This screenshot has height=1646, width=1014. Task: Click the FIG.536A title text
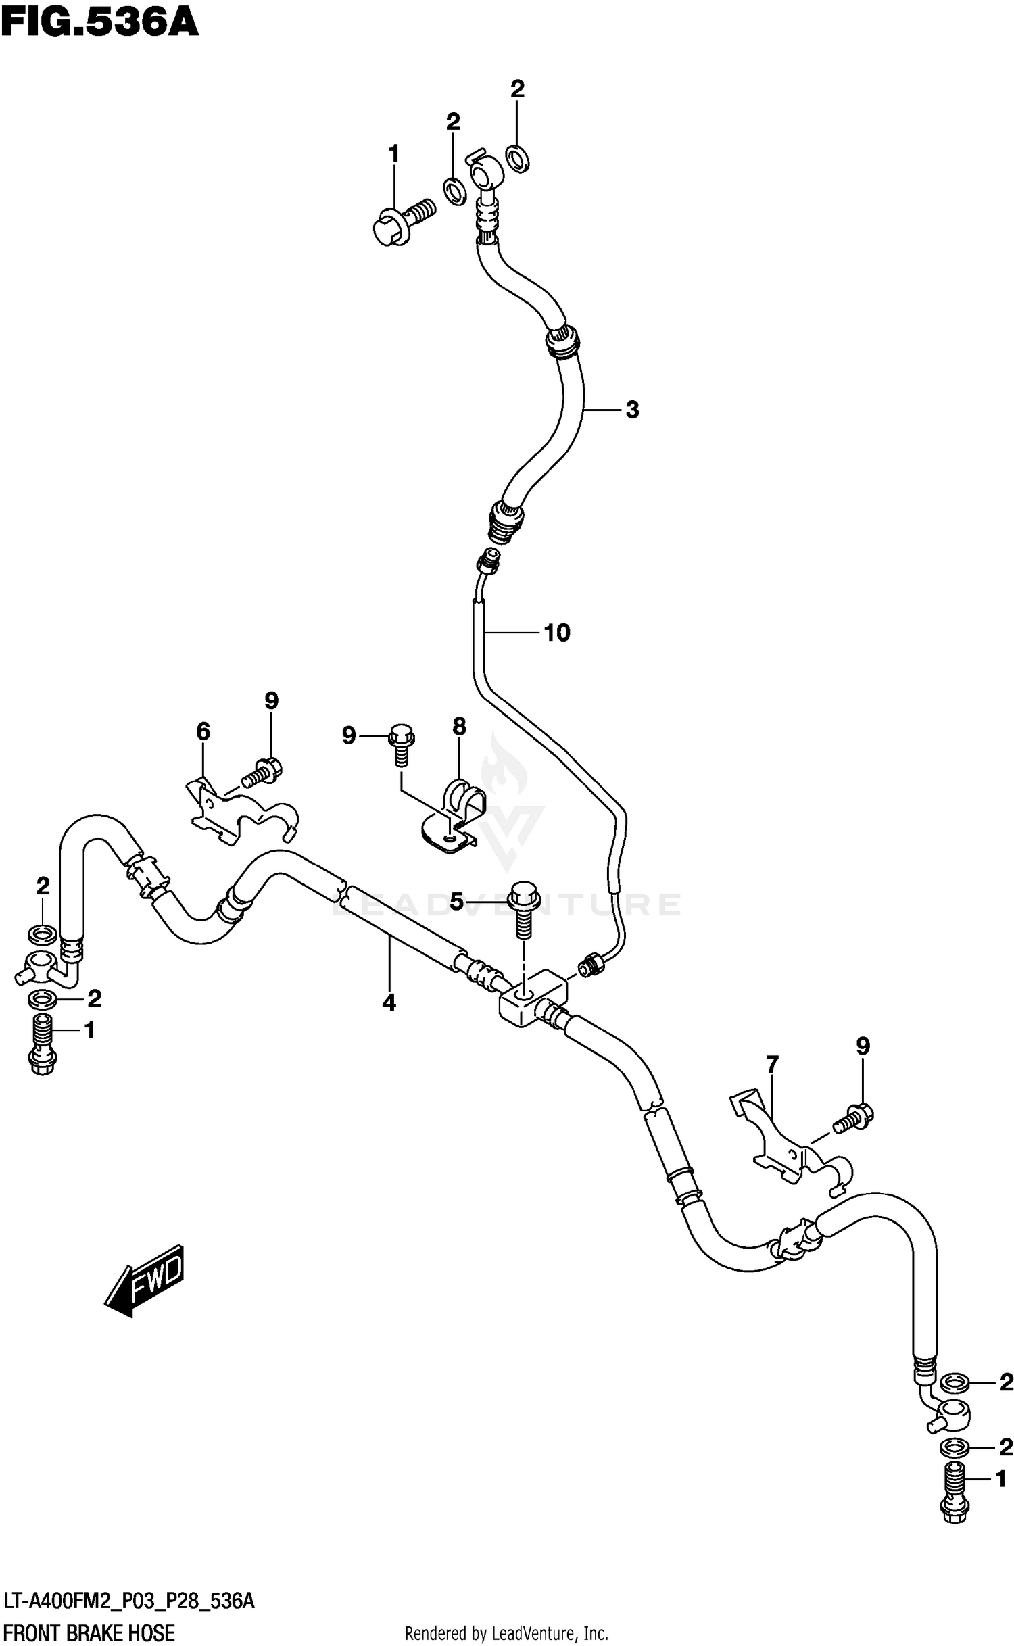point(100,22)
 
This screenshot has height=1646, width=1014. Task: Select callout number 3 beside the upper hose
point(631,410)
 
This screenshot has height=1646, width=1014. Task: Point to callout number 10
point(557,633)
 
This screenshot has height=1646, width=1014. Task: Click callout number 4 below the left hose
point(389,1003)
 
